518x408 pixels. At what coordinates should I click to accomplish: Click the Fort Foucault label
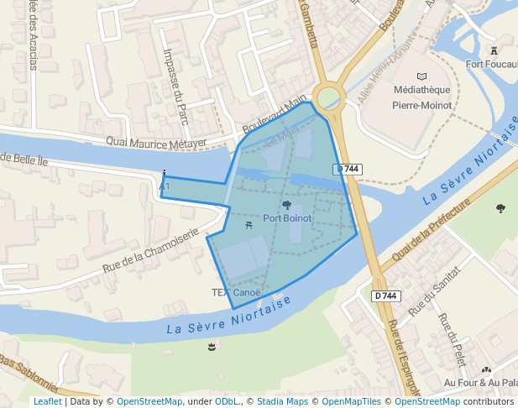click(x=491, y=64)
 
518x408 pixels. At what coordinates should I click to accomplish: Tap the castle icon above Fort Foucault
click(x=494, y=50)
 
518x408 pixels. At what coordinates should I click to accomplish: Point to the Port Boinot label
click(x=287, y=218)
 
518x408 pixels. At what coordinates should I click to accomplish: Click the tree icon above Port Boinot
click(x=287, y=205)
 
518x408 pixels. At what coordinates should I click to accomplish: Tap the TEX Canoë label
click(x=236, y=293)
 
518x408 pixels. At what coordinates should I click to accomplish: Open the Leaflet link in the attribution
click(x=47, y=401)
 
